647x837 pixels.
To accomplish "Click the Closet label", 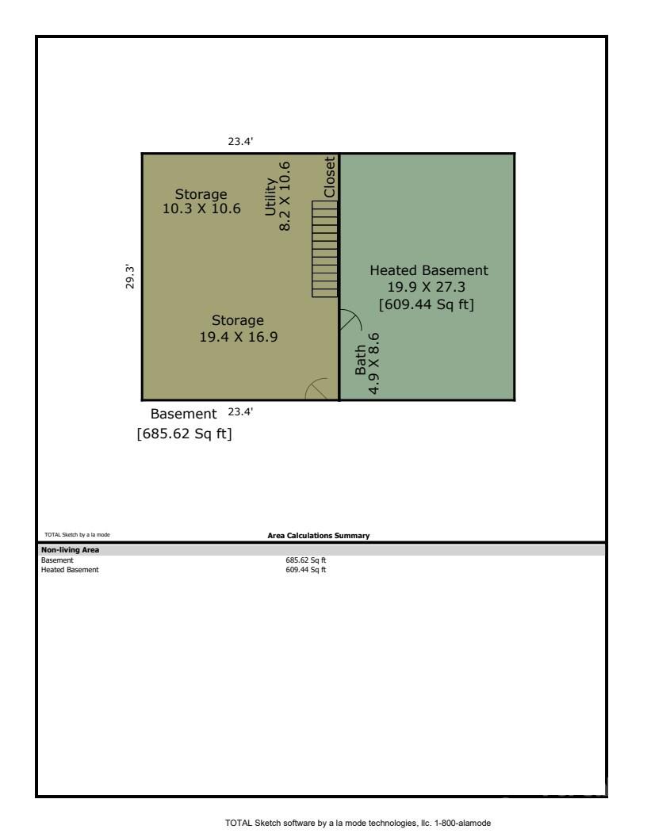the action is tap(329, 177).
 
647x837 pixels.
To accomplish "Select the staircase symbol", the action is tap(325, 249).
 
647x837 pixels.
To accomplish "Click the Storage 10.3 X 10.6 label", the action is tap(201, 201).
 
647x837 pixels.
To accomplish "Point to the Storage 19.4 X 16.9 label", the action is tap(238, 328).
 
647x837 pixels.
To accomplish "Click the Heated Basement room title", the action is tap(429, 270).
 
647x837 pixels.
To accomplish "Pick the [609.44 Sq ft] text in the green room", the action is tap(426, 304).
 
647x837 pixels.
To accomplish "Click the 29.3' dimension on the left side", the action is tap(130, 276).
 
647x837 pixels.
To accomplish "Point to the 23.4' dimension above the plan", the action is tap(240, 141).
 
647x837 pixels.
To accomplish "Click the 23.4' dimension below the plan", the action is tap(240, 411).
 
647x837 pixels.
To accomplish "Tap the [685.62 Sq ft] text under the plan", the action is tap(184, 434).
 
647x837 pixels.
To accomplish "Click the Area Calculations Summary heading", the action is tap(318, 535).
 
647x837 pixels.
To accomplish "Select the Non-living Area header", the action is tap(70, 550).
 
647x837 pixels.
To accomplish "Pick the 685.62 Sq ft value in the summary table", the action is tap(305, 560).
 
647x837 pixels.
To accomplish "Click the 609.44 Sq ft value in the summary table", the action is tap(305, 570).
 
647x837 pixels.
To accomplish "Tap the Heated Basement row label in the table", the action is tap(70, 570).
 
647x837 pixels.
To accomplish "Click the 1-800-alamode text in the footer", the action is tap(463, 823).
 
